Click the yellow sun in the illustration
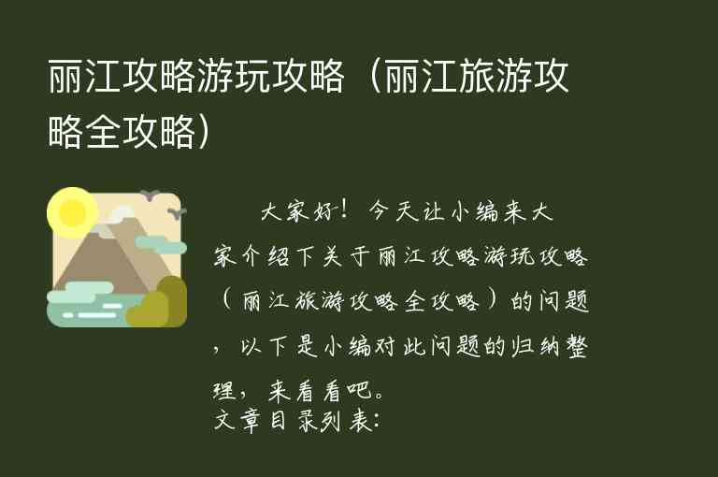[71, 212]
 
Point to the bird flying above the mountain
[149, 195]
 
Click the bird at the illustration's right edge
[175, 213]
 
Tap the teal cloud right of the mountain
[161, 244]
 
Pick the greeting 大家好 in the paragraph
[290, 213]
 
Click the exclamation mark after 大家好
[347, 213]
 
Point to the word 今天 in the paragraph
[394, 213]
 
